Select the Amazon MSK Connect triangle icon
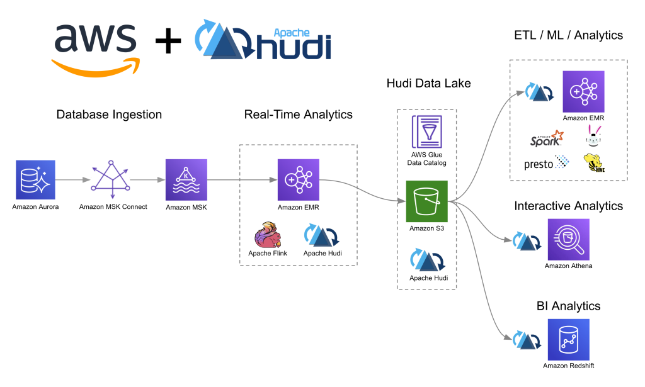coord(111,178)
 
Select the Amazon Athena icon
coord(568,239)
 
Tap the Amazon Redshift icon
coord(568,340)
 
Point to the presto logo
coord(546,164)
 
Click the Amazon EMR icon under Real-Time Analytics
coord(299,179)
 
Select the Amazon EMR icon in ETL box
coord(583,91)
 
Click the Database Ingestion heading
coord(109,115)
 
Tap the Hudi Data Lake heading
coord(428,84)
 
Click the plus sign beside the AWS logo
coord(168,42)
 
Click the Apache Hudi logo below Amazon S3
coord(426,260)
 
